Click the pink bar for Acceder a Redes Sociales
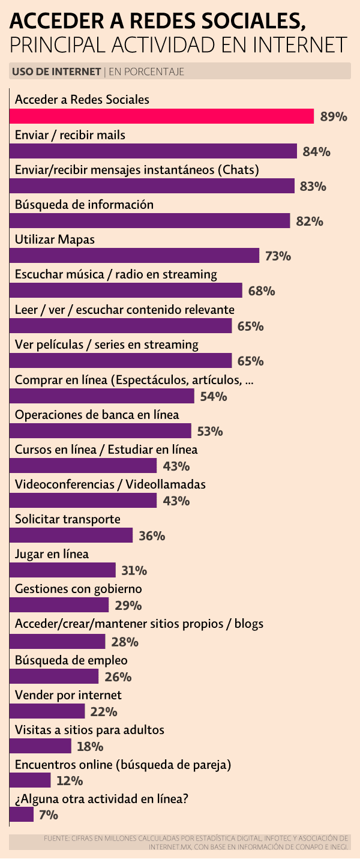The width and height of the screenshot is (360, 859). [x=162, y=116]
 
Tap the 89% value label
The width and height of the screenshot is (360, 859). [x=334, y=116]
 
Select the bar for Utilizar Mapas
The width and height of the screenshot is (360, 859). [x=134, y=256]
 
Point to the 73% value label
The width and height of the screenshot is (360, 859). [x=278, y=256]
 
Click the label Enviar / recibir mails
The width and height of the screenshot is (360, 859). [x=70, y=134]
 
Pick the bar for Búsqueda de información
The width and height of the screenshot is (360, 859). [x=150, y=221]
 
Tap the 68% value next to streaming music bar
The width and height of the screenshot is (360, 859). [x=262, y=291]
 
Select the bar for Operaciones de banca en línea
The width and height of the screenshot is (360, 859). [x=100, y=431]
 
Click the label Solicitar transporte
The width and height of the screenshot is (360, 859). [x=67, y=519]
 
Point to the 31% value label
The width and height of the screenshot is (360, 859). [x=134, y=570]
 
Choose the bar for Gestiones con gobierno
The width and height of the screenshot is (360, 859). [x=59, y=605]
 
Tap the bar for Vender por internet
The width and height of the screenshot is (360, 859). [x=47, y=711]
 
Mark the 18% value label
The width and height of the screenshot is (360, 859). [x=90, y=747]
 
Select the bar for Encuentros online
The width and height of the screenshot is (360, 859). [x=30, y=780]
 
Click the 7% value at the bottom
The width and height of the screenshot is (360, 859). [x=48, y=815]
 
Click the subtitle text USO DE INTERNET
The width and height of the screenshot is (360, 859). [x=56, y=72]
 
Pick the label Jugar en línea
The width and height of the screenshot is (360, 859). [x=52, y=553]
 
